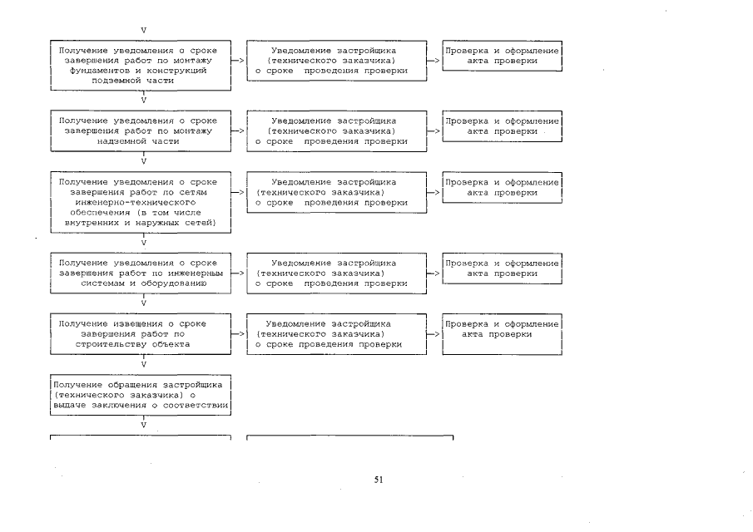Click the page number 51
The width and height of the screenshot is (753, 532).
[x=379, y=479]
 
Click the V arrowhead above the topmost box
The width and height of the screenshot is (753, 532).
[x=144, y=30]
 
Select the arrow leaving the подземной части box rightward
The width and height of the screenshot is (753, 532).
[x=237, y=61]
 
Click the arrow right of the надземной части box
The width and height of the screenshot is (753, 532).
[x=237, y=131]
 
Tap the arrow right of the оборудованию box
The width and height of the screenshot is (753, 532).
[x=237, y=273]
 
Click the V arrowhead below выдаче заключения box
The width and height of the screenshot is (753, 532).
[x=144, y=425]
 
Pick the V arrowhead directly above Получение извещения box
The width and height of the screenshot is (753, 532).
[x=144, y=303]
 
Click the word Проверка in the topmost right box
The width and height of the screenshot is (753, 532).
[x=466, y=51]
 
